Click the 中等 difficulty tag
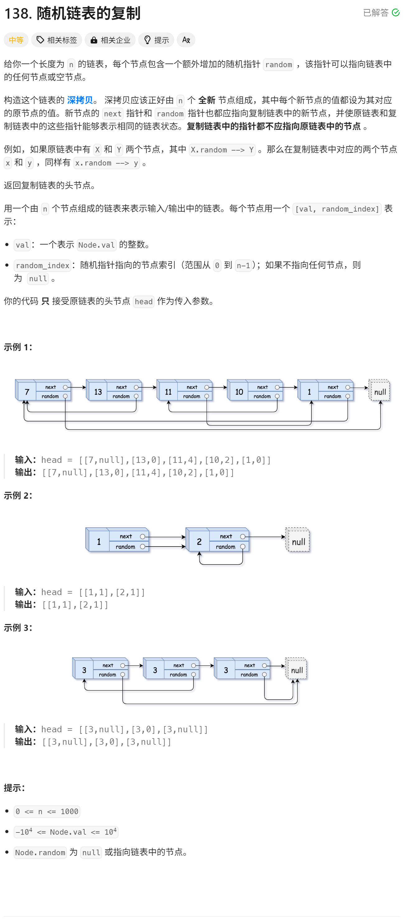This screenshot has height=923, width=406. (16, 40)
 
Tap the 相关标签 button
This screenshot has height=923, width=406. (57, 40)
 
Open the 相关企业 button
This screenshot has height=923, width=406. (110, 40)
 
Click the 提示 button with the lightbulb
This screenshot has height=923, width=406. (156, 40)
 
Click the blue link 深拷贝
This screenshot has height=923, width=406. (80, 100)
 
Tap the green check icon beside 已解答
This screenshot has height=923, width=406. (396, 13)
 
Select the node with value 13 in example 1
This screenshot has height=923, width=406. (98, 392)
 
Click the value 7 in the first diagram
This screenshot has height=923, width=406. (27, 392)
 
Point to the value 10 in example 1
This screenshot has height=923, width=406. (239, 392)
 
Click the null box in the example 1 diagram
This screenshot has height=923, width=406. (380, 392)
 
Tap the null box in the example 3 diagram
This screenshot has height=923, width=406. (297, 670)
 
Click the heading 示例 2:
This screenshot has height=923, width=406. (18, 496)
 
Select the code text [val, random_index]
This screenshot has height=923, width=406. (337, 209)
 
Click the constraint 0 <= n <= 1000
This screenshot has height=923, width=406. (47, 812)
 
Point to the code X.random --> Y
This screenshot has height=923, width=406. (222, 150)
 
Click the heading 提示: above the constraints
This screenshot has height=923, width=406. (14, 788)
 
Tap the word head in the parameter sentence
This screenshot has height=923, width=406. (144, 302)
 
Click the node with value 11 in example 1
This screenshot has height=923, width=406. (168, 392)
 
